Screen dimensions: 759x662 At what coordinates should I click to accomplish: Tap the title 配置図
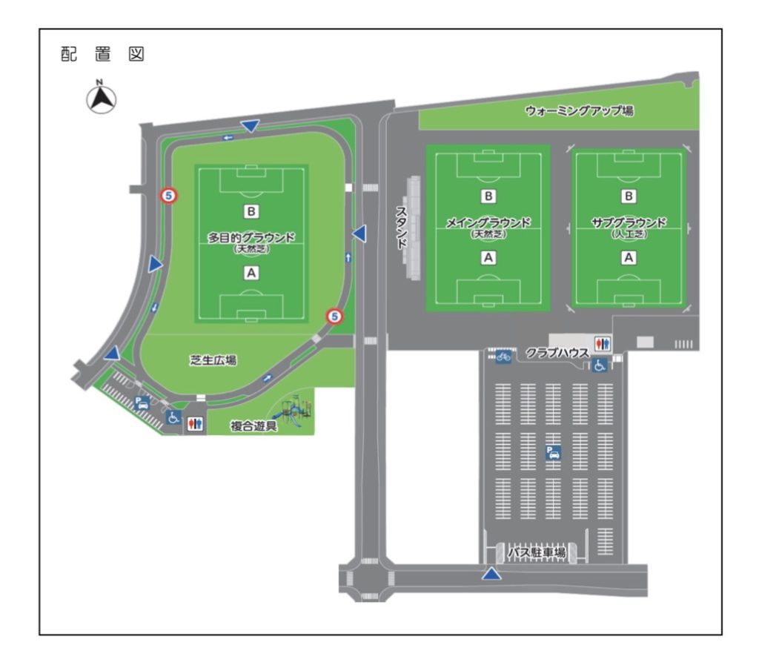pos(102,54)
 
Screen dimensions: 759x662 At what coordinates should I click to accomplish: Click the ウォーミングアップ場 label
pos(579,111)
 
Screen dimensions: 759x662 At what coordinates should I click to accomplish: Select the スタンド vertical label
pos(401,228)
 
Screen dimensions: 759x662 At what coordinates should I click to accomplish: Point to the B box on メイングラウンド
pos(488,196)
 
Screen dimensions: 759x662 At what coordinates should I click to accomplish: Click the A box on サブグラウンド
pos(629,258)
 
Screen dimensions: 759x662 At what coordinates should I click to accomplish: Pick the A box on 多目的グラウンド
pos(251,273)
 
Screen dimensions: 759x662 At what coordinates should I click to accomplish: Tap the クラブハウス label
pos(557,353)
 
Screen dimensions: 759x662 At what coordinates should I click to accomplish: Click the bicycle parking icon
pos(503,357)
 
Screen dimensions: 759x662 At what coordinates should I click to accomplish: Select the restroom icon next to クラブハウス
pos(603,343)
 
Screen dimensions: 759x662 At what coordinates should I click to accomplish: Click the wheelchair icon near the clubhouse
pos(599,365)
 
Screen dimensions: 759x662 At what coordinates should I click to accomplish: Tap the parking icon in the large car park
pos(553,452)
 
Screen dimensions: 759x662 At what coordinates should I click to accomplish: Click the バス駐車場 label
pos(537,552)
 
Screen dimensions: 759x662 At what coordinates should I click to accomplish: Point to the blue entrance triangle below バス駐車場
pos(491,575)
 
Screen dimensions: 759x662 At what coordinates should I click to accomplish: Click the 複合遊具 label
pos(253,426)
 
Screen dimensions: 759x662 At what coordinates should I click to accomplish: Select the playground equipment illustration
pos(293,411)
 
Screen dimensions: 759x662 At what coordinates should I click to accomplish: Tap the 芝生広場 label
pos(213,360)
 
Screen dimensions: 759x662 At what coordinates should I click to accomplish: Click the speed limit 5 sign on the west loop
pos(169,196)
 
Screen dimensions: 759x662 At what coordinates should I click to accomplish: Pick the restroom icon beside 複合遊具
pos(195,424)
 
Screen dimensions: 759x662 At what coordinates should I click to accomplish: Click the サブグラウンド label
pos(629,222)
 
